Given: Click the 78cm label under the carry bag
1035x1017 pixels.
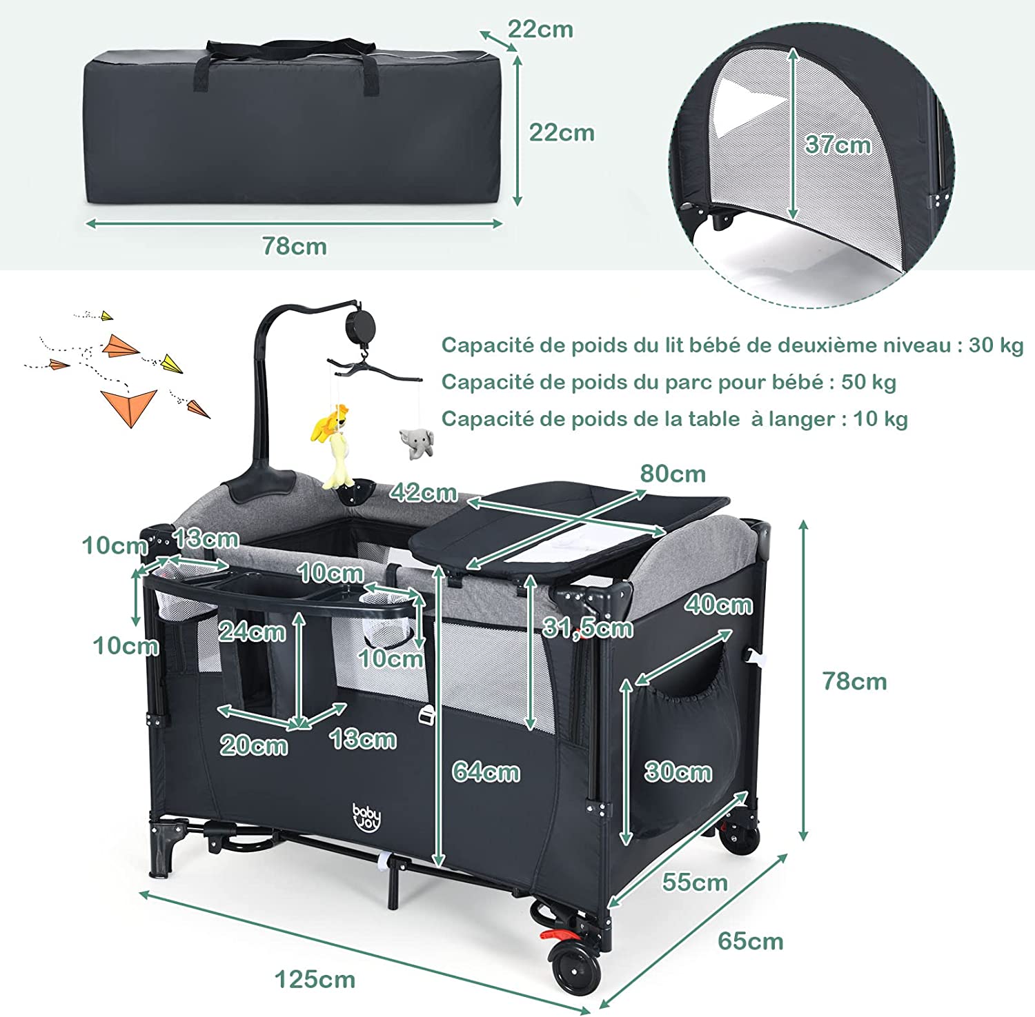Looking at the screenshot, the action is tap(295, 246).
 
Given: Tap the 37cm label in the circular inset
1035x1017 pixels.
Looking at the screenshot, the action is tap(838, 145).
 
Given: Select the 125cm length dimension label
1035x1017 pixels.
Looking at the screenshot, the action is tap(315, 979).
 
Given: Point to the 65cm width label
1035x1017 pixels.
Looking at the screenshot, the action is tap(751, 941).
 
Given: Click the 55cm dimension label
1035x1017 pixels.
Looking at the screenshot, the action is tap(695, 883).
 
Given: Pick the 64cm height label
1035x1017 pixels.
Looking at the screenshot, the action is tap(486, 772).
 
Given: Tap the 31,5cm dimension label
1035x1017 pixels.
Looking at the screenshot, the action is tap(588, 627).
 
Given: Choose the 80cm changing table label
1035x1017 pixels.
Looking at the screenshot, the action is tap(673, 474).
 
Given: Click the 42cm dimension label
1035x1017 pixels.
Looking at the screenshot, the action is tap(423, 492).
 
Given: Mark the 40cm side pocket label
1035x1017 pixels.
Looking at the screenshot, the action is tap(718, 605).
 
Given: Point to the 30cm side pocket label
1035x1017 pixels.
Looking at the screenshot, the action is tap(678, 772).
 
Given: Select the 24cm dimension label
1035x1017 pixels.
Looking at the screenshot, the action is tap(253, 632).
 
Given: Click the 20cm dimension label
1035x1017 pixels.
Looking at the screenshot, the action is tap(254, 745).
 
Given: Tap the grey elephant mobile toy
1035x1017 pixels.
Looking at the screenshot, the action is tap(416, 443).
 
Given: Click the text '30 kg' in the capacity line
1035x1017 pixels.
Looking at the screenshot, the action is tap(996, 345).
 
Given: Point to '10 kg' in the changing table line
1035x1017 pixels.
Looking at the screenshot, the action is tap(880, 419).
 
